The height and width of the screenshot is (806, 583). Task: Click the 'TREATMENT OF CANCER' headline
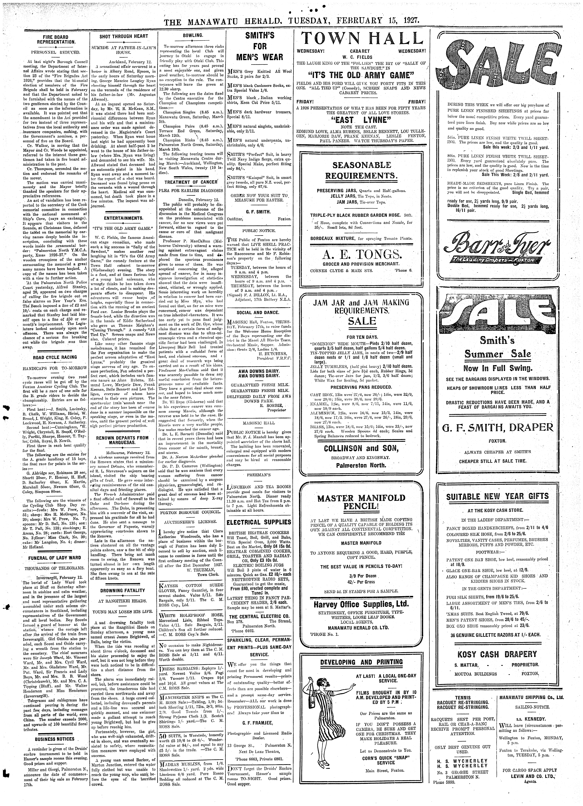tap(193, 182)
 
